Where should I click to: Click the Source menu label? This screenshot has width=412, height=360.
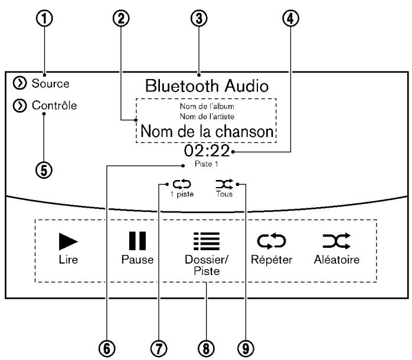coord(50,83)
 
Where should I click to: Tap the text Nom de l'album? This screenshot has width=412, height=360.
coord(207,106)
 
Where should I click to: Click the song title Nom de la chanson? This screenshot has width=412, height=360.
coord(207,130)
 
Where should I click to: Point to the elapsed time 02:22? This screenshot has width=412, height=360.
coord(207,151)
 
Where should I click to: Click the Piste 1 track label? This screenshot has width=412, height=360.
coord(207,165)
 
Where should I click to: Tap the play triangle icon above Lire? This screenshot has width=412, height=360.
coord(67,241)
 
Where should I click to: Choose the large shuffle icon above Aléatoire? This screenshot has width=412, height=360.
coord(336,241)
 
